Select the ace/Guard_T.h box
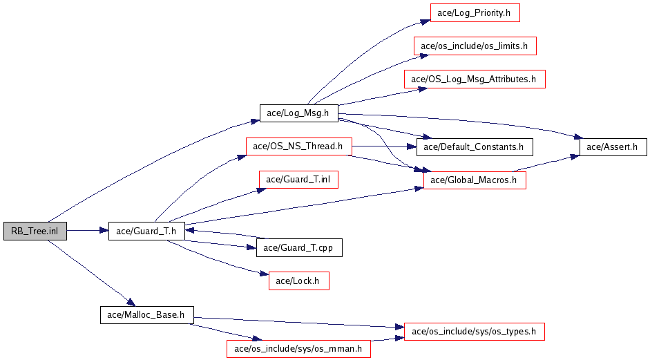pos(146,231)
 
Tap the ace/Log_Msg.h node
pos(298,113)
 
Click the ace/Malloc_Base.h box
pos(146,314)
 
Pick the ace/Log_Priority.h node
pos(474,13)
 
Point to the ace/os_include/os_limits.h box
pos(475,46)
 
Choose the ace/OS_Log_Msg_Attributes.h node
pos(475,79)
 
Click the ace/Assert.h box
pos(613,146)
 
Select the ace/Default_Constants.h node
pos(474,146)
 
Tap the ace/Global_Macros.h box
pos(475,180)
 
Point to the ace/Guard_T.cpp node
pos(299,247)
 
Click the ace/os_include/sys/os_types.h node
pos(474,332)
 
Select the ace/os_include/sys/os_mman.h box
pos(298,348)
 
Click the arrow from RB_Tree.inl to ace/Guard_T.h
pos(87,231)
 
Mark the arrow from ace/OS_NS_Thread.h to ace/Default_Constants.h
pos(383,146)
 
